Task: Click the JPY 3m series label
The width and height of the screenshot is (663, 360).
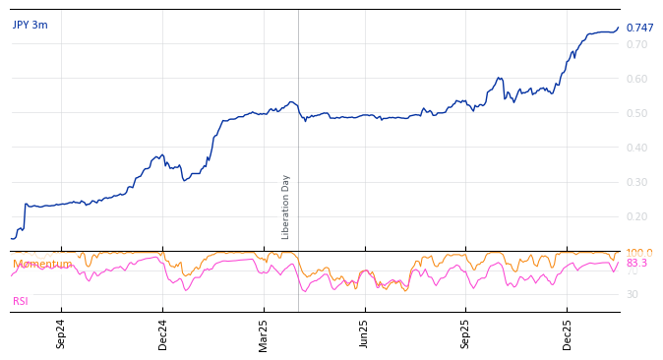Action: (x=30, y=26)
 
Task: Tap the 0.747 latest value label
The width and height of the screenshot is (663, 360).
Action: (x=639, y=29)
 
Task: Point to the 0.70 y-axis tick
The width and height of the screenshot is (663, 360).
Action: (x=636, y=44)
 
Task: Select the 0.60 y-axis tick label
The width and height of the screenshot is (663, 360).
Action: (x=636, y=79)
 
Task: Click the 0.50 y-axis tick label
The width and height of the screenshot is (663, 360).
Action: (x=636, y=113)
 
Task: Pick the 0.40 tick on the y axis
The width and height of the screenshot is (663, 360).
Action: (x=636, y=148)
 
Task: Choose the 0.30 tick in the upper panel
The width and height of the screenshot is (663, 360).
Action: (x=636, y=182)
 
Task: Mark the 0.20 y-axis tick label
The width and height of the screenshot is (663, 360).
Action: (x=636, y=216)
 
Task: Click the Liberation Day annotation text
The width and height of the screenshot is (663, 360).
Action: (x=286, y=207)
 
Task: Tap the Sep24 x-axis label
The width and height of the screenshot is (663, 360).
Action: (x=61, y=333)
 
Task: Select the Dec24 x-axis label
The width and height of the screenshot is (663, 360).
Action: (x=163, y=333)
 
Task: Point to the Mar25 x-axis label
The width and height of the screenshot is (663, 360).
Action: (x=264, y=333)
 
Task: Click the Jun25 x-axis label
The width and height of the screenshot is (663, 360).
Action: (x=365, y=333)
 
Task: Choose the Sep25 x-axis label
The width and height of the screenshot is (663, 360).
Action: (x=466, y=333)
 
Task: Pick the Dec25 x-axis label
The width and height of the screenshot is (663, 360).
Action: (x=568, y=333)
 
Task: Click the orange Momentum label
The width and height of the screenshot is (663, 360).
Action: (x=42, y=264)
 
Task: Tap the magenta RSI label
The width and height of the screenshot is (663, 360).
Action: (x=21, y=302)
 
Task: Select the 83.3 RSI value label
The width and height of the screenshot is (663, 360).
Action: (x=636, y=264)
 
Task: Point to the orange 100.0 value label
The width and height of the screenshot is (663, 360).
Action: (x=638, y=253)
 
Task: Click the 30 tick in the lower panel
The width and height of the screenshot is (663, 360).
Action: (x=632, y=294)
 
